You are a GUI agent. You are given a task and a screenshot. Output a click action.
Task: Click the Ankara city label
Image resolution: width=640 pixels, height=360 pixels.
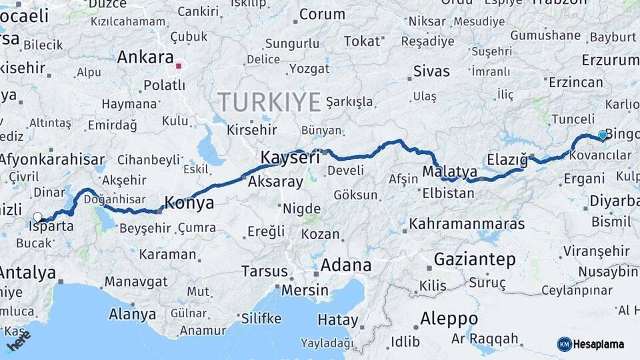[145, 57]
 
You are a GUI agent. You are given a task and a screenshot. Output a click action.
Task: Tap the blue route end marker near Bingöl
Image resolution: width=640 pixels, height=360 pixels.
[603, 135]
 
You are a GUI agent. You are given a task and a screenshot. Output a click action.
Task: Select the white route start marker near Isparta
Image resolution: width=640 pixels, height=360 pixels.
[38, 217]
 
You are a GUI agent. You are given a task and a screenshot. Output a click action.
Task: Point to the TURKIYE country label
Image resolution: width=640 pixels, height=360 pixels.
[269, 102]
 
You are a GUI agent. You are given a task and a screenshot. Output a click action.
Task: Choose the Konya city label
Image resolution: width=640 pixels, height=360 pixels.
[189, 203]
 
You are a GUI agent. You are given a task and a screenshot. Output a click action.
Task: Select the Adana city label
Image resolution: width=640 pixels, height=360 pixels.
[346, 265]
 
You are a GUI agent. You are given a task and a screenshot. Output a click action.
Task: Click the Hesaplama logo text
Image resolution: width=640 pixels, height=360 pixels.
[599, 344]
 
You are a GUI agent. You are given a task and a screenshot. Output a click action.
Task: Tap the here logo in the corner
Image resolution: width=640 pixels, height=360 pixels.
[18, 341]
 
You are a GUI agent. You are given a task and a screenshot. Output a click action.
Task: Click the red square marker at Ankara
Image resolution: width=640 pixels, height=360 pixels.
[179, 66]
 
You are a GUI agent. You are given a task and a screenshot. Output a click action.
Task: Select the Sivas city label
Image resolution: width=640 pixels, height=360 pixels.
[431, 71]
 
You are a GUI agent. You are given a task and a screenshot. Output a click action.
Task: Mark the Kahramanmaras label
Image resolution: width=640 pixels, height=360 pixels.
[467, 224]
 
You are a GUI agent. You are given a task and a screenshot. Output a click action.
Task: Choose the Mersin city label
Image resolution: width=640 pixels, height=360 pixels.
[305, 290]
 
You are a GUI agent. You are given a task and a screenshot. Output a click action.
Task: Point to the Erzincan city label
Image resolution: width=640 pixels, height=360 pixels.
[575, 83]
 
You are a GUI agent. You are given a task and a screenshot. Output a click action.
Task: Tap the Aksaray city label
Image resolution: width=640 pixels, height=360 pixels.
[275, 181]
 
